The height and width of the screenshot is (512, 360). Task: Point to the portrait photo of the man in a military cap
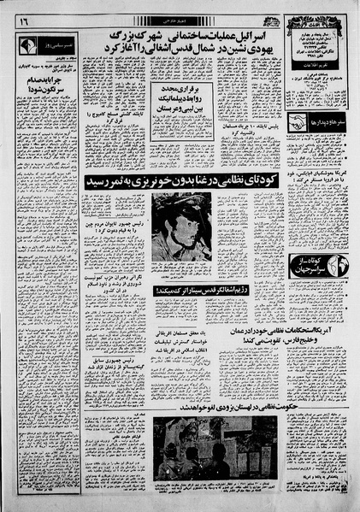tap(181, 227)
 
